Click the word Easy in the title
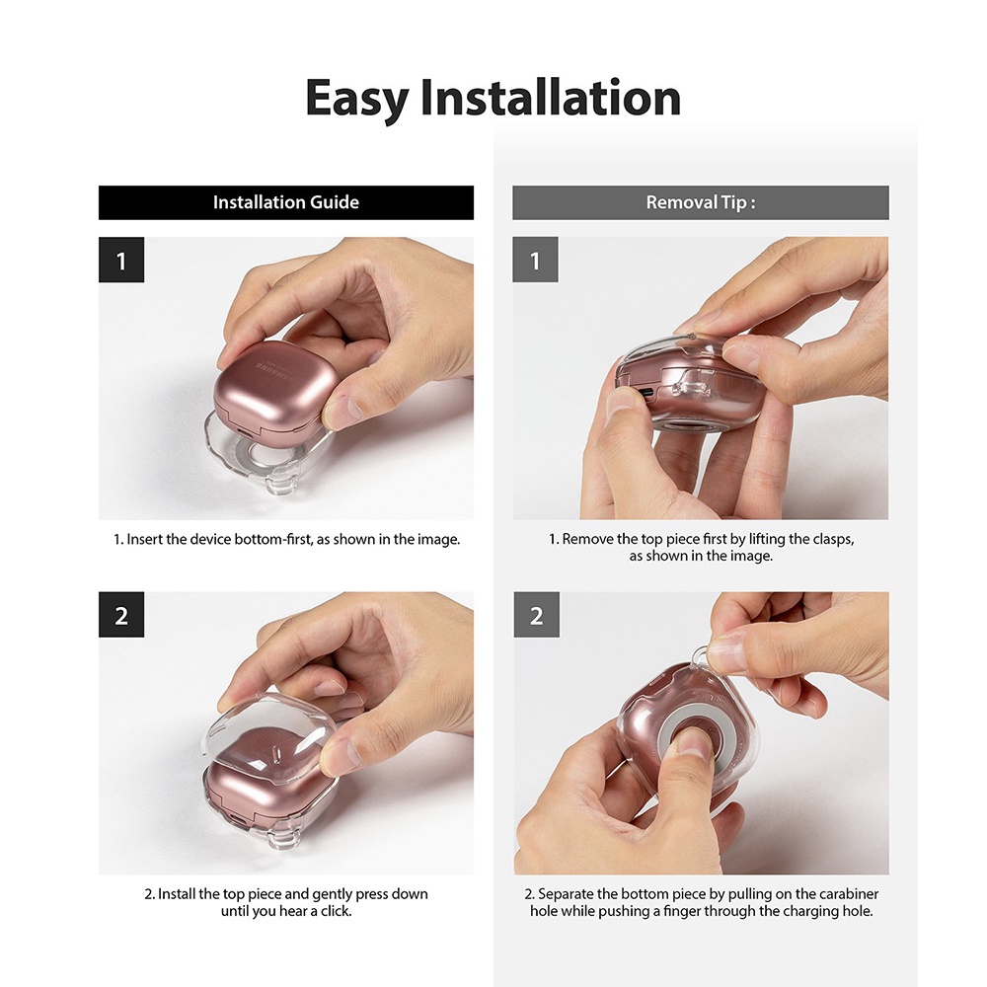(357, 99)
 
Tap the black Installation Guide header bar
(286, 202)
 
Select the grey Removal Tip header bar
(701, 202)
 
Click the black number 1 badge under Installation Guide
(121, 260)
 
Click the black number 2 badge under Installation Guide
(121, 614)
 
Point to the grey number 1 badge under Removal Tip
(535, 260)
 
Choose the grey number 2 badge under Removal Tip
(536, 614)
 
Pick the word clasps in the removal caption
(833, 540)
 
